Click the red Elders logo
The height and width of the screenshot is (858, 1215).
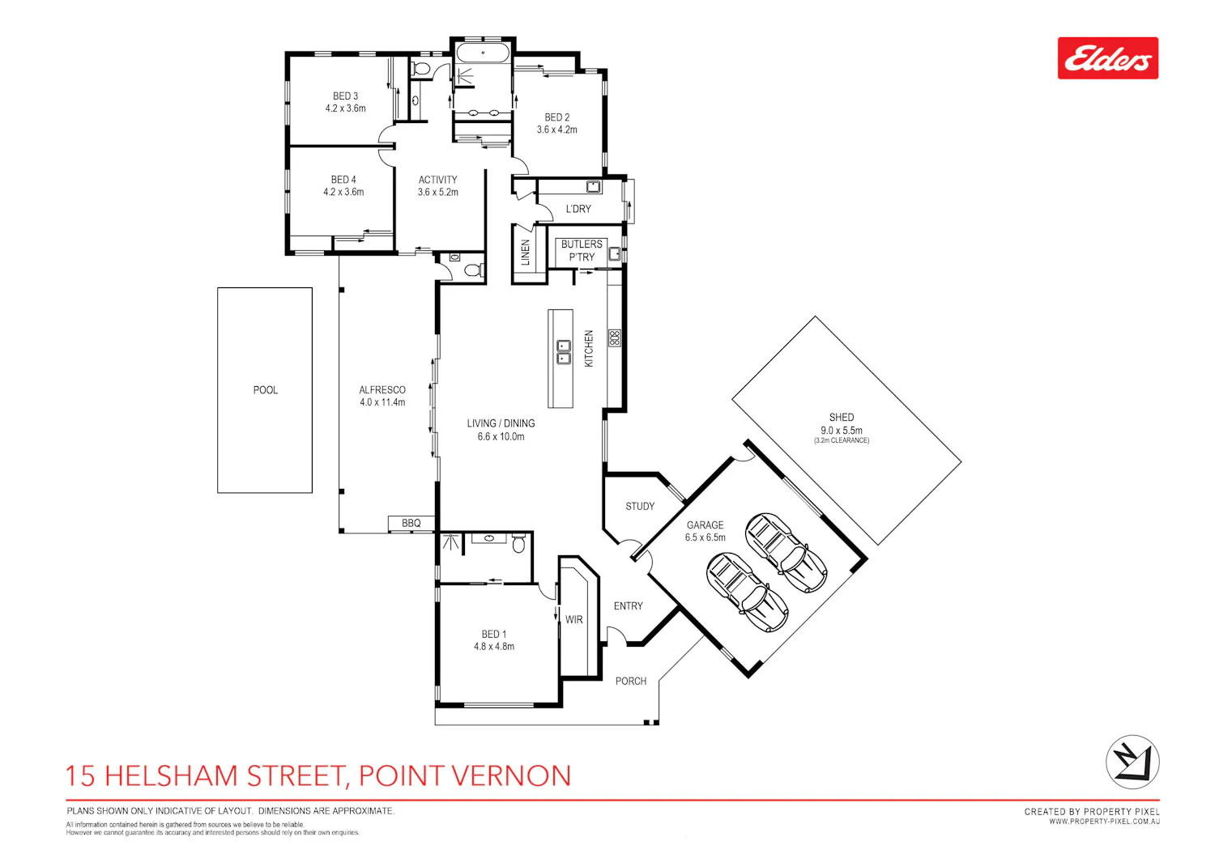coord(1107,58)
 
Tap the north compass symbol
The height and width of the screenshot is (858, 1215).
coord(1132,762)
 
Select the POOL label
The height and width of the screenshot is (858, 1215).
coord(265,390)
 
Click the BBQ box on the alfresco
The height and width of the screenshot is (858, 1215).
coord(411,523)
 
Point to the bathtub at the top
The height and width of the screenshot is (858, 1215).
coord(483,53)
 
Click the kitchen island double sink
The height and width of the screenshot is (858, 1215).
coord(564,352)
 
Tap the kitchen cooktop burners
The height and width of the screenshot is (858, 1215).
coord(614,338)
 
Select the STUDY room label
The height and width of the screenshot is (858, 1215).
coord(640,506)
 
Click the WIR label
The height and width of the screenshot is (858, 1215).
coord(573,619)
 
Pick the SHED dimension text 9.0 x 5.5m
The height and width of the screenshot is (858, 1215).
coord(842,431)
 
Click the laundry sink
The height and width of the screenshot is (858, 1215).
coord(594,187)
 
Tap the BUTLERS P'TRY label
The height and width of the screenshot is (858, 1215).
coord(582,250)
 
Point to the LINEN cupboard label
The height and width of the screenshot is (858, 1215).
coord(525,253)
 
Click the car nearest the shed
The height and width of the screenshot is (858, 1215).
coord(786,553)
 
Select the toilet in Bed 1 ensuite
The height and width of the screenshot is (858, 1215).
coord(518,543)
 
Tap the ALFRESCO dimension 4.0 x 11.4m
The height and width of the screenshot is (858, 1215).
coord(382,402)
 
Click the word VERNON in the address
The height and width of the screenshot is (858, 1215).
coord(511,775)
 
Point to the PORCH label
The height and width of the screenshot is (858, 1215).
coord(631,682)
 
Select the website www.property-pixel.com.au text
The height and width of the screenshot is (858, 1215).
coord(1104,822)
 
